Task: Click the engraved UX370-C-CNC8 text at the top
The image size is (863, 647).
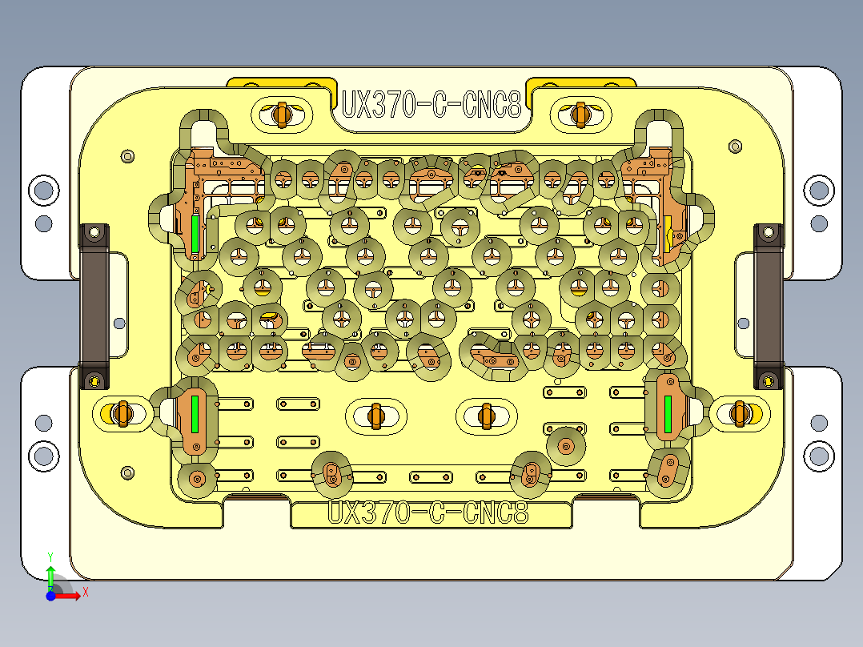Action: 431,105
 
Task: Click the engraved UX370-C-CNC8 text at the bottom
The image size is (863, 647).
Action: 429,512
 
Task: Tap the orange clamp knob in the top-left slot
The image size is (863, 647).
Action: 280,114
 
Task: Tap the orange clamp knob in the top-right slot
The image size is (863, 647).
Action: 580,114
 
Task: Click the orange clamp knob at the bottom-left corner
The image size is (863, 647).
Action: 122,413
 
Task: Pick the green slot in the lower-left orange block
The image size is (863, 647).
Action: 195,412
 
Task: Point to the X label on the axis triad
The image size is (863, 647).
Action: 85,592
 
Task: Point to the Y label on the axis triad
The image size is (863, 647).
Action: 50,555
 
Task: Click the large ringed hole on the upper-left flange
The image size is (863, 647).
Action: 43,191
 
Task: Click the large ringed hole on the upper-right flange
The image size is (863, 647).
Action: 818,191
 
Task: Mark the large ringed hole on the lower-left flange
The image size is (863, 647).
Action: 43,456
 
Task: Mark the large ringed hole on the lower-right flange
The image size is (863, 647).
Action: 818,456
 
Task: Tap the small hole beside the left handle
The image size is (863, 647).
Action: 119,323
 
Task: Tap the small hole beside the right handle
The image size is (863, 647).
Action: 743,323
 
